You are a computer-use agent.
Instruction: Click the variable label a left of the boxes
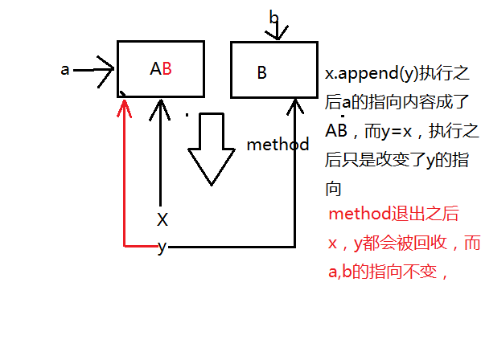(65, 70)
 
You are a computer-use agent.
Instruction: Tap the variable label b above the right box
(274, 17)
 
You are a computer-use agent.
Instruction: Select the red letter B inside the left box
(166, 68)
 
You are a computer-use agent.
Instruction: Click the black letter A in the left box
(156, 68)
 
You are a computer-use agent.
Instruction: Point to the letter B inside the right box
(261, 73)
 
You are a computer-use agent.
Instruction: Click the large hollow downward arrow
(212, 149)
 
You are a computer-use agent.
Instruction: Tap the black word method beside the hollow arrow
(278, 145)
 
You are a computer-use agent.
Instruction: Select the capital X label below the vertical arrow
(162, 219)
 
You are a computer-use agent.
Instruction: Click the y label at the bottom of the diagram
(162, 247)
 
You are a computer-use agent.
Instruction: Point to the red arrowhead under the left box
(124, 108)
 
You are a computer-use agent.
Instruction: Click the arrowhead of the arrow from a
(106, 72)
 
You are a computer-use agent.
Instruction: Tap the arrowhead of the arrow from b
(277, 33)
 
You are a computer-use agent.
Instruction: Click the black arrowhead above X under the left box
(160, 109)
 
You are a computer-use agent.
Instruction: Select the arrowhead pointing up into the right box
(295, 107)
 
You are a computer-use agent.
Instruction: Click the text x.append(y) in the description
(372, 74)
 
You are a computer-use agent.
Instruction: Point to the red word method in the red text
(360, 214)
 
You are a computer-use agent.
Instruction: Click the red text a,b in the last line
(339, 271)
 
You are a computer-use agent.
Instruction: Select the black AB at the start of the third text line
(336, 130)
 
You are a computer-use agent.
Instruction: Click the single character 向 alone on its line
(334, 189)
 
